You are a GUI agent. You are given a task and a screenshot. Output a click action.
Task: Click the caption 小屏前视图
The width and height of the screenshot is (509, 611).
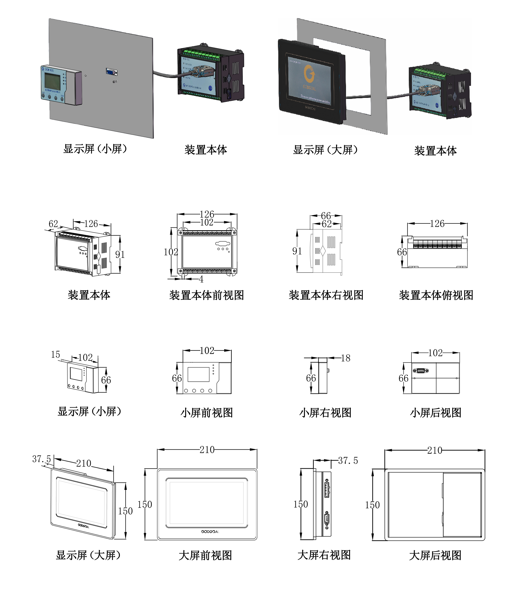(207, 413)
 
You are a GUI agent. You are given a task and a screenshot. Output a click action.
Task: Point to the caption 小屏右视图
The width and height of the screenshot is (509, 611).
(325, 413)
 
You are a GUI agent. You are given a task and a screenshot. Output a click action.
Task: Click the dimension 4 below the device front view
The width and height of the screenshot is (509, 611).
(201, 279)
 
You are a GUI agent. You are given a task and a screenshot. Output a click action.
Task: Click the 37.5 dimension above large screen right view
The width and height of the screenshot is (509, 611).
(348, 461)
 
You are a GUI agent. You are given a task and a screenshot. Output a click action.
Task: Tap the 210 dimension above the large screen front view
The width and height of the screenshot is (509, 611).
(207, 450)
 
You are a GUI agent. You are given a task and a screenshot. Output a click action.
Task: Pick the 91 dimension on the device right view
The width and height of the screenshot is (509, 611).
(297, 251)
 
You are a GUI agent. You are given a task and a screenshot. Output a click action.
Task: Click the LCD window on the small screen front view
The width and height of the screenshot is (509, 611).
(198, 374)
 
